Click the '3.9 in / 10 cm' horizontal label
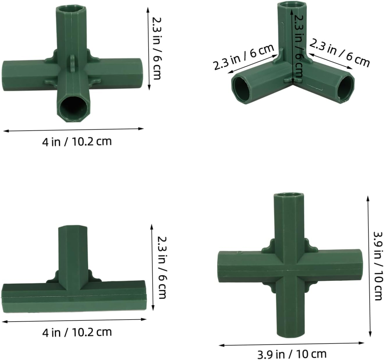pos(292,354)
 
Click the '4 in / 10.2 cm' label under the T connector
pos(77,332)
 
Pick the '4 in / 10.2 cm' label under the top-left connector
pos(77,142)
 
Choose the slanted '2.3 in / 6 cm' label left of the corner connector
pos(244,57)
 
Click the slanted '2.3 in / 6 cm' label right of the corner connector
pos(339,53)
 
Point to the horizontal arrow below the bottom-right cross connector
pos(291,344)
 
